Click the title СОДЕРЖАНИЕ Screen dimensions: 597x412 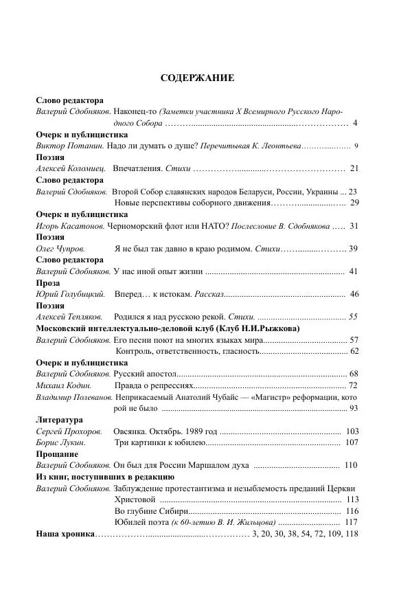pos(197,78)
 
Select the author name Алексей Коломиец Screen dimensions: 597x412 pos(65,168)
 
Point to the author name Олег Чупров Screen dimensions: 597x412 pos(56,248)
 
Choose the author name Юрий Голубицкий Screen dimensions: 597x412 pos(70,294)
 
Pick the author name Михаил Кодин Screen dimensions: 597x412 pos(60,385)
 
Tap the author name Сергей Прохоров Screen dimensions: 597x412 pos(67,431)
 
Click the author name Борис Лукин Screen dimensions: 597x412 pos(58,442)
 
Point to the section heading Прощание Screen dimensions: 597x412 pos(56,454)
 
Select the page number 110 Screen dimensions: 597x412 pos(351,465)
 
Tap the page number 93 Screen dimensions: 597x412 pos(354,409)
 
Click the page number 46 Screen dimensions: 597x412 pos(354,294)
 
